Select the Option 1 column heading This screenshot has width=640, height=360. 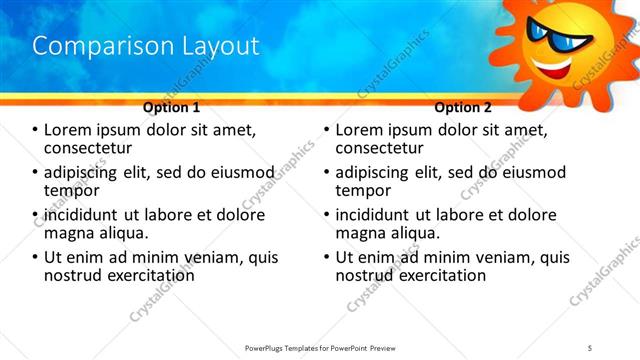(x=171, y=106)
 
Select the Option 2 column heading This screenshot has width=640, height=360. (x=463, y=106)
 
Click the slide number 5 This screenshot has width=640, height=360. (x=590, y=347)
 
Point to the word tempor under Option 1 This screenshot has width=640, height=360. (x=72, y=189)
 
